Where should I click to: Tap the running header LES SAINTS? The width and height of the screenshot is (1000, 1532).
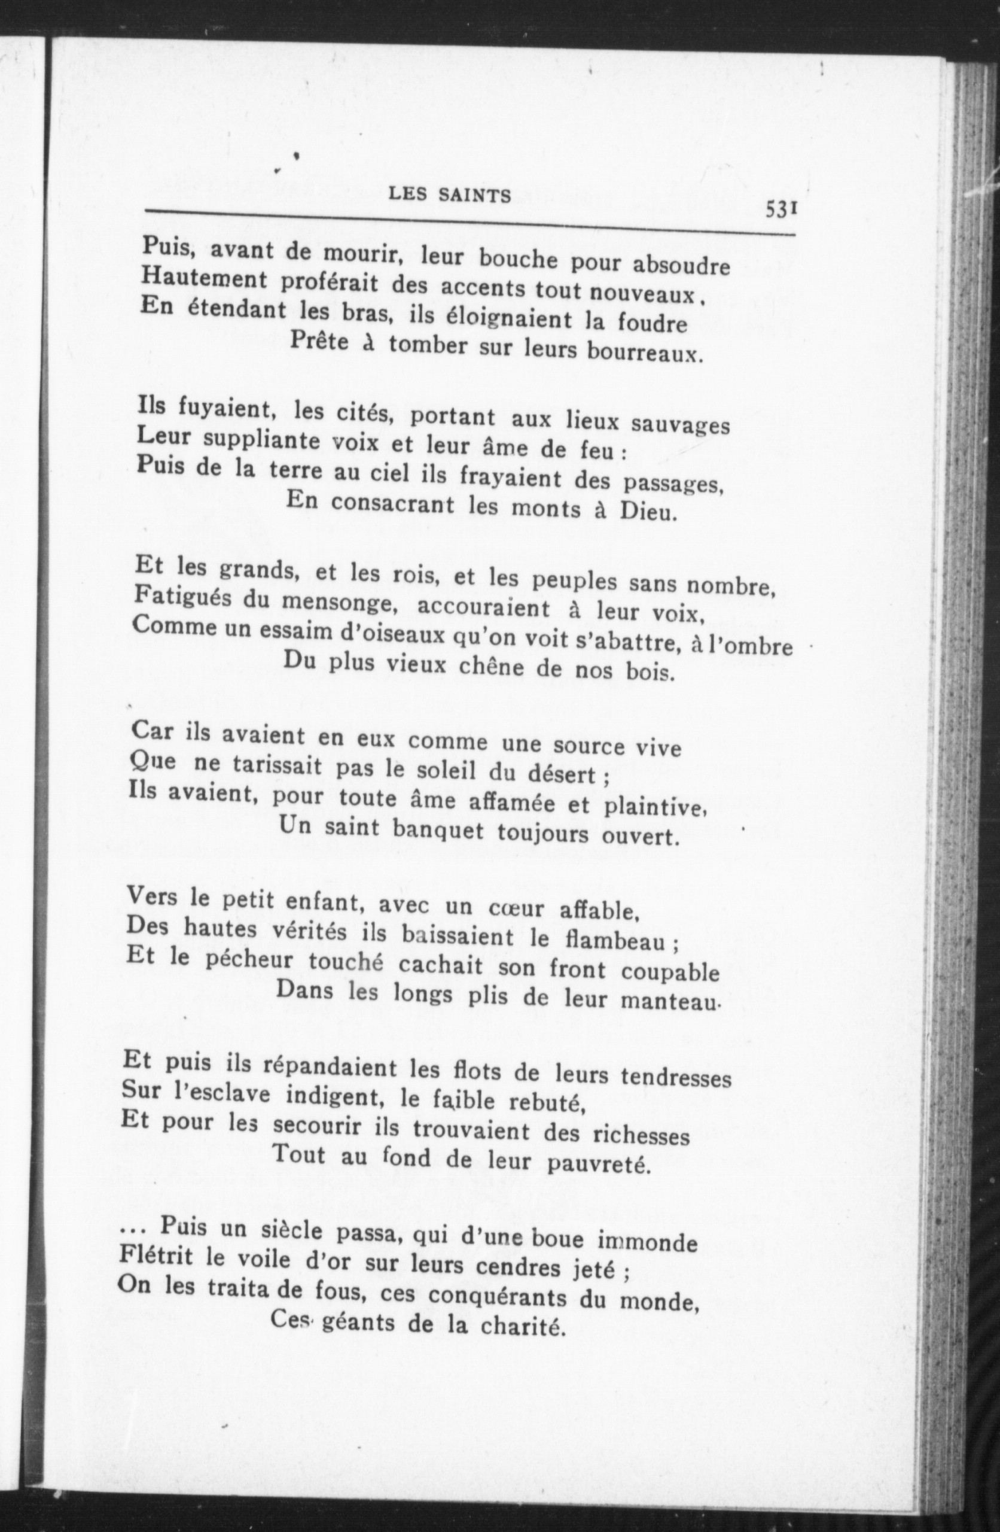coord(450,195)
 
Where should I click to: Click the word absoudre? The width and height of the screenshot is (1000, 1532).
coord(681,265)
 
